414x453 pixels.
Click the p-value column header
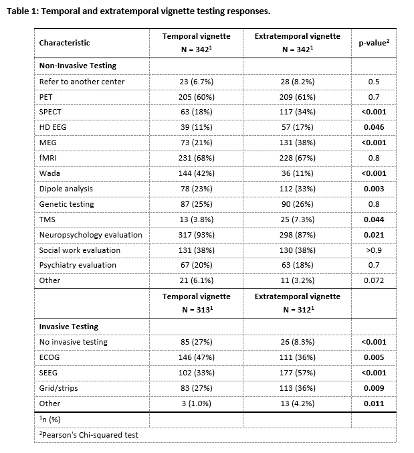coord(373,43)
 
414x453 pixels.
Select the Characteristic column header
coord(64,43)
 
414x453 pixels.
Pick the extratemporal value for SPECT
coord(297,112)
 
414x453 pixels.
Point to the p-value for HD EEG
coord(373,127)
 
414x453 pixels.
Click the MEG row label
coord(47,143)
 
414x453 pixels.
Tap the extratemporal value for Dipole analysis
coord(297,189)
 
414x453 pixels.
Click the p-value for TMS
coord(373,219)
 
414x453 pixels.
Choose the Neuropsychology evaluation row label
coord(90,235)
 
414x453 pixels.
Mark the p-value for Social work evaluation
coord(373,250)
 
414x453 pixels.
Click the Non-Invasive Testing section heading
coord(78,66)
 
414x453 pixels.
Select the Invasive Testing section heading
coord(68,327)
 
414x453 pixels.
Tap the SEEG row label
coord(49,373)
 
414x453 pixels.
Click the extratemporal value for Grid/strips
coord(297,388)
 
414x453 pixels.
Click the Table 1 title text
coord(138,11)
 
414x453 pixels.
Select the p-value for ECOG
coord(373,357)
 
